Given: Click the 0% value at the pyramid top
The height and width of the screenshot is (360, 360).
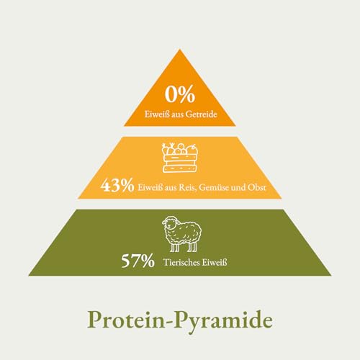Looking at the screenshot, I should tap(180, 94).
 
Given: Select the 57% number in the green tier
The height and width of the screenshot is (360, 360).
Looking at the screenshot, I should tap(138, 261).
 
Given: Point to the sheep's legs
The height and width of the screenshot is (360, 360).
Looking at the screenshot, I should tap(183, 246).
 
